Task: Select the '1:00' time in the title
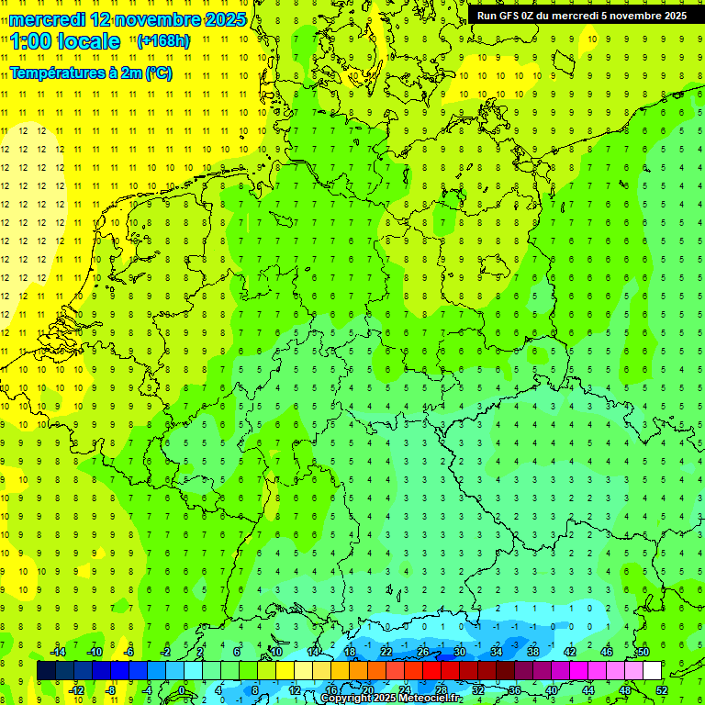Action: click(x=31, y=41)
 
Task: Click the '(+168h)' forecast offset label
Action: click(x=163, y=41)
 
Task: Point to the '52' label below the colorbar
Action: click(x=662, y=690)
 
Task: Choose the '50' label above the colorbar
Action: click(x=643, y=652)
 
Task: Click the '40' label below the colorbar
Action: click(x=552, y=690)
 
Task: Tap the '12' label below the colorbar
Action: click(x=295, y=690)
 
